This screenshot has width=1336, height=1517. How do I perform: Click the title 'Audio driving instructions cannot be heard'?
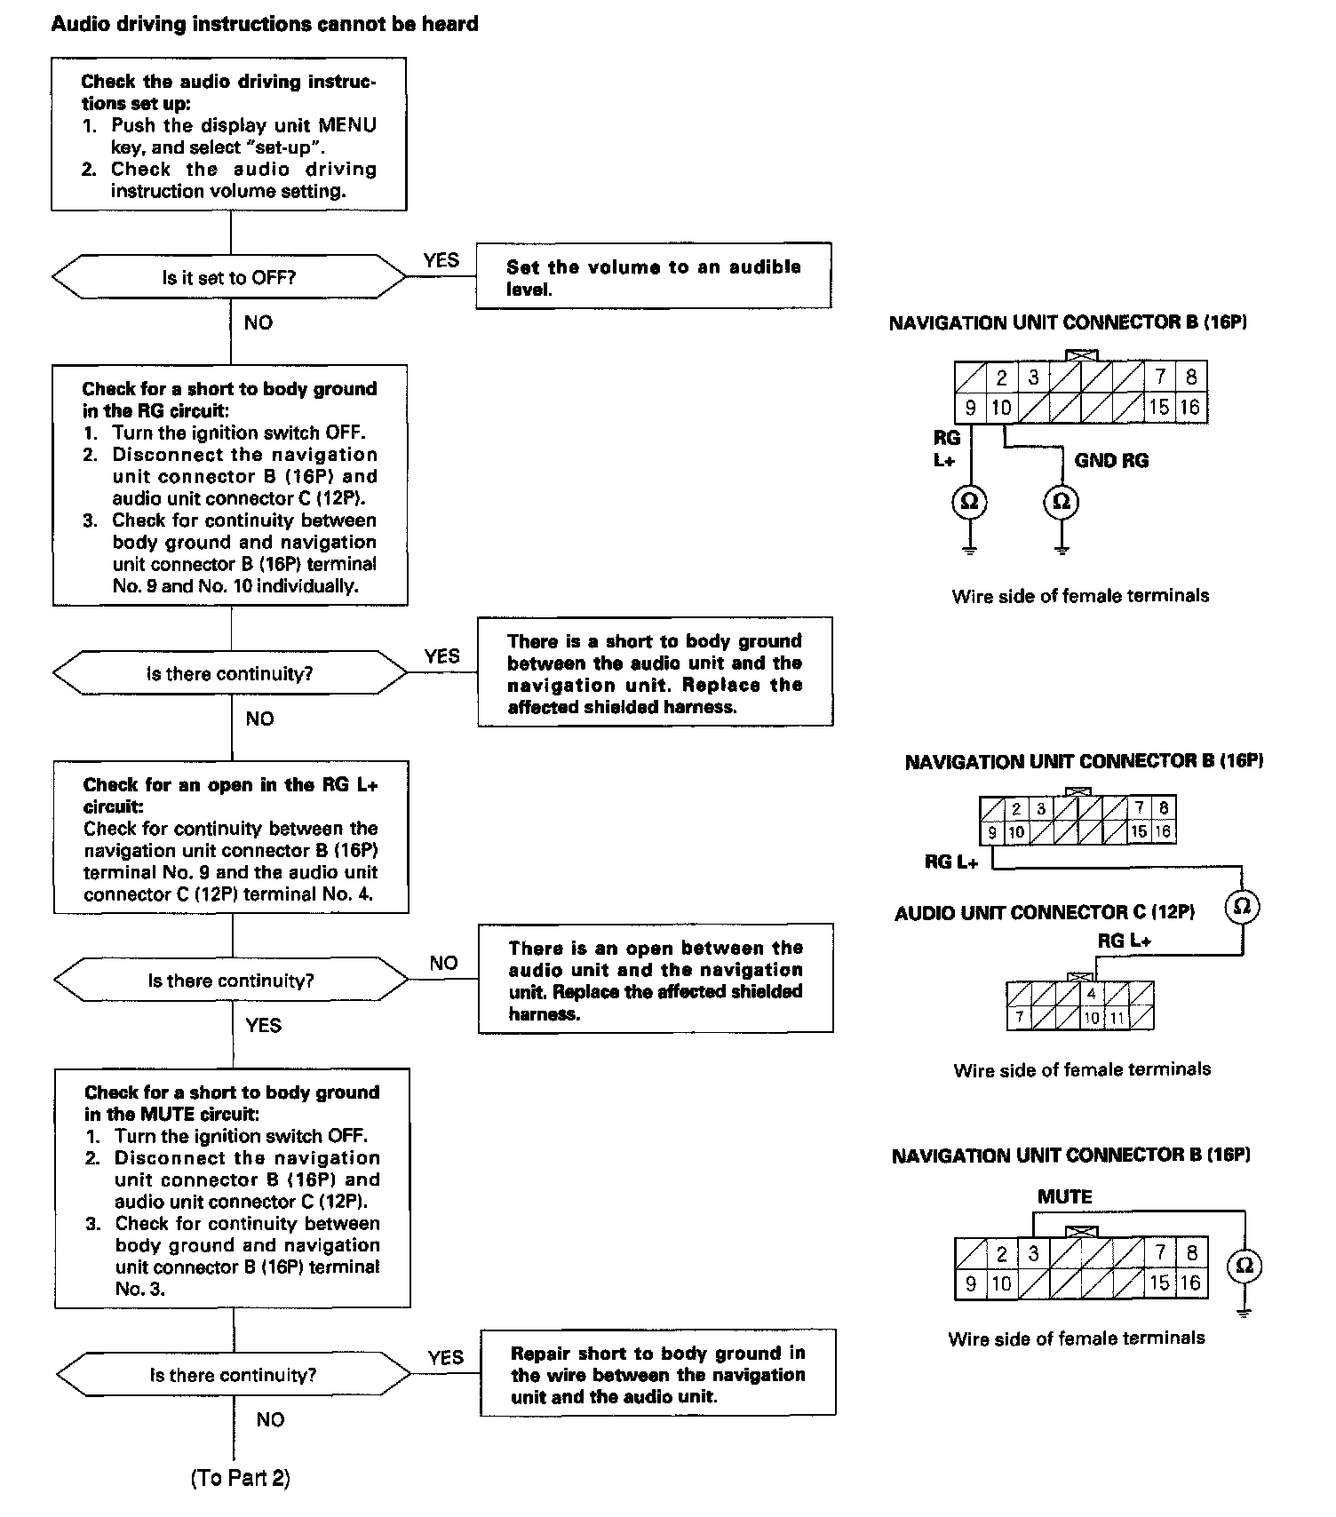pyautogui.click(x=265, y=24)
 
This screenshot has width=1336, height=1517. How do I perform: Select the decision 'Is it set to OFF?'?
pyautogui.click(x=229, y=278)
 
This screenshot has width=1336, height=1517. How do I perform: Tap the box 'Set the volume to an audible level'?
pyautogui.click(x=654, y=276)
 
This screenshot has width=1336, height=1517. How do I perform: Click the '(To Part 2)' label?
pyautogui.click(x=240, y=1478)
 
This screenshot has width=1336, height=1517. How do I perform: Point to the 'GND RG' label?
pyautogui.click(x=1111, y=460)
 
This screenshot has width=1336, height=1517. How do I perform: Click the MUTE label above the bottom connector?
pyautogui.click(x=1064, y=1196)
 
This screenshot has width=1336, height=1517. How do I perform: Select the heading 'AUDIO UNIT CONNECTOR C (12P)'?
pyautogui.click(x=1045, y=912)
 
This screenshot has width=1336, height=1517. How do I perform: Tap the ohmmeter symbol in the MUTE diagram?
pyautogui.click(x=1244, y=1266)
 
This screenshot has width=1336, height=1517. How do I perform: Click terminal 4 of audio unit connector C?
pyautogui.click(x=1092, y=994)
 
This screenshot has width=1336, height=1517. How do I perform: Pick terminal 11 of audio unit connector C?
pyautogui.click(x=1117, y=1018)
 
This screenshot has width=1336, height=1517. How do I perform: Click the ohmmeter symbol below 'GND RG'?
pyautogui.click(x=1061, y=502)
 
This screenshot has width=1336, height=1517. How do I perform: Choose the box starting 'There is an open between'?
pyautogui.click(x=656, y=979)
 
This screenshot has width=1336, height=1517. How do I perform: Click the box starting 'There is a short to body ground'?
pyautogui.click(x=656, y=672)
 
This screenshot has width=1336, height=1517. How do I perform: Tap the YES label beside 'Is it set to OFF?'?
pyautogui.click(x=441, y=260)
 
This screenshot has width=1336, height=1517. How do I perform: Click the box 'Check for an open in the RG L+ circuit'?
pyautogui.click(x=231, y=838)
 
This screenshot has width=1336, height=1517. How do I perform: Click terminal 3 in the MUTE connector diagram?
pyautogui.click(x=1033, y=1253)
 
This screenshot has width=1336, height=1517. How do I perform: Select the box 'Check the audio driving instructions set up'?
pyautogui.click(x=229, y=135)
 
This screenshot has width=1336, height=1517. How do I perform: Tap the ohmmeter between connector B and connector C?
pyautogui.click(x=1242, y=906)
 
